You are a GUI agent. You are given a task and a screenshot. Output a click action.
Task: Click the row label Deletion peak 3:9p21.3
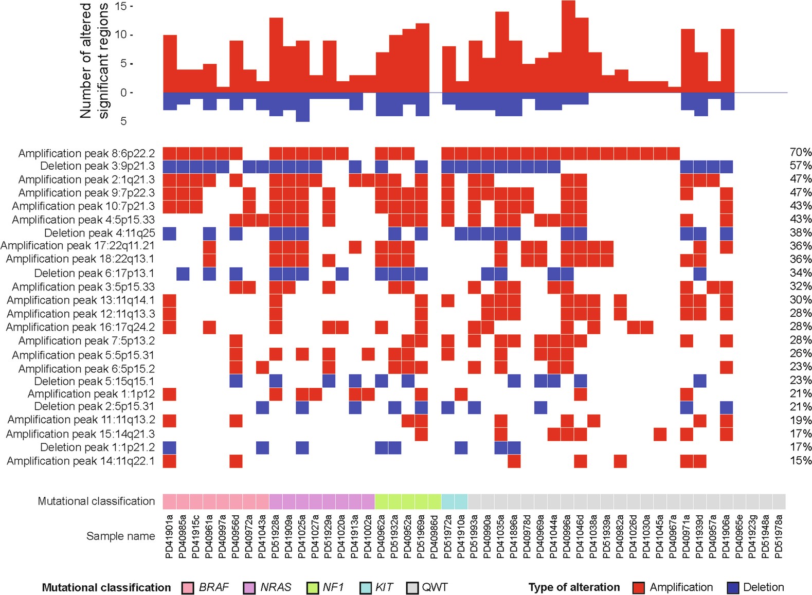click(x=97, y=166)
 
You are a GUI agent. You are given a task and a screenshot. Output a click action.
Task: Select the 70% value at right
click(x=800, y=152)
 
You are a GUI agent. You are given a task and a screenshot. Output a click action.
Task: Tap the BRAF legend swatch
click(x=188, y=588)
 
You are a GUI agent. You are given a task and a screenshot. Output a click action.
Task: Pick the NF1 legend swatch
click(x=313, y=588)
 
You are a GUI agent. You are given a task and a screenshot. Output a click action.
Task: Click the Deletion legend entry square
click(x=733, y=588)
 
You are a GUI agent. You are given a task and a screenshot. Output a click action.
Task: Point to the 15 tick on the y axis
click(x=121, y=7)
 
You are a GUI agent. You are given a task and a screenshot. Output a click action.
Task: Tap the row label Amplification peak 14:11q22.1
click(x=81, y=461)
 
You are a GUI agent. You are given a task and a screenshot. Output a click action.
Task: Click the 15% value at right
click(x=800, y=461)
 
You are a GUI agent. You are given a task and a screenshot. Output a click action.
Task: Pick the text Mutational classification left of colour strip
click(x=96, y=501)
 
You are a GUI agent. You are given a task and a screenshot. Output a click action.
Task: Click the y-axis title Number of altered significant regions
click(x=94, y=61)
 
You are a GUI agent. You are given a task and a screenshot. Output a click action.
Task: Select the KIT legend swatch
click(x=366, y=588)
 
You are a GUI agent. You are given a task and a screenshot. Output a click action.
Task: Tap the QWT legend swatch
click(x=412, y=588)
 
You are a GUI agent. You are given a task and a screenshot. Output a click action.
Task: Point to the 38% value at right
click(x=800, y=232)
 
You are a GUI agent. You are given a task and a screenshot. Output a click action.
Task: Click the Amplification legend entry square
click(x=639, y=588)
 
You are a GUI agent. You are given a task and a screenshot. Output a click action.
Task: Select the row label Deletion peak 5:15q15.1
click(x=94, y=381)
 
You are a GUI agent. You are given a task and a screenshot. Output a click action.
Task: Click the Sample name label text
click(x=120, y=536)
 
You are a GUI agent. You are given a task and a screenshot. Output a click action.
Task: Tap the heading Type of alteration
click(x=574, y=587)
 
